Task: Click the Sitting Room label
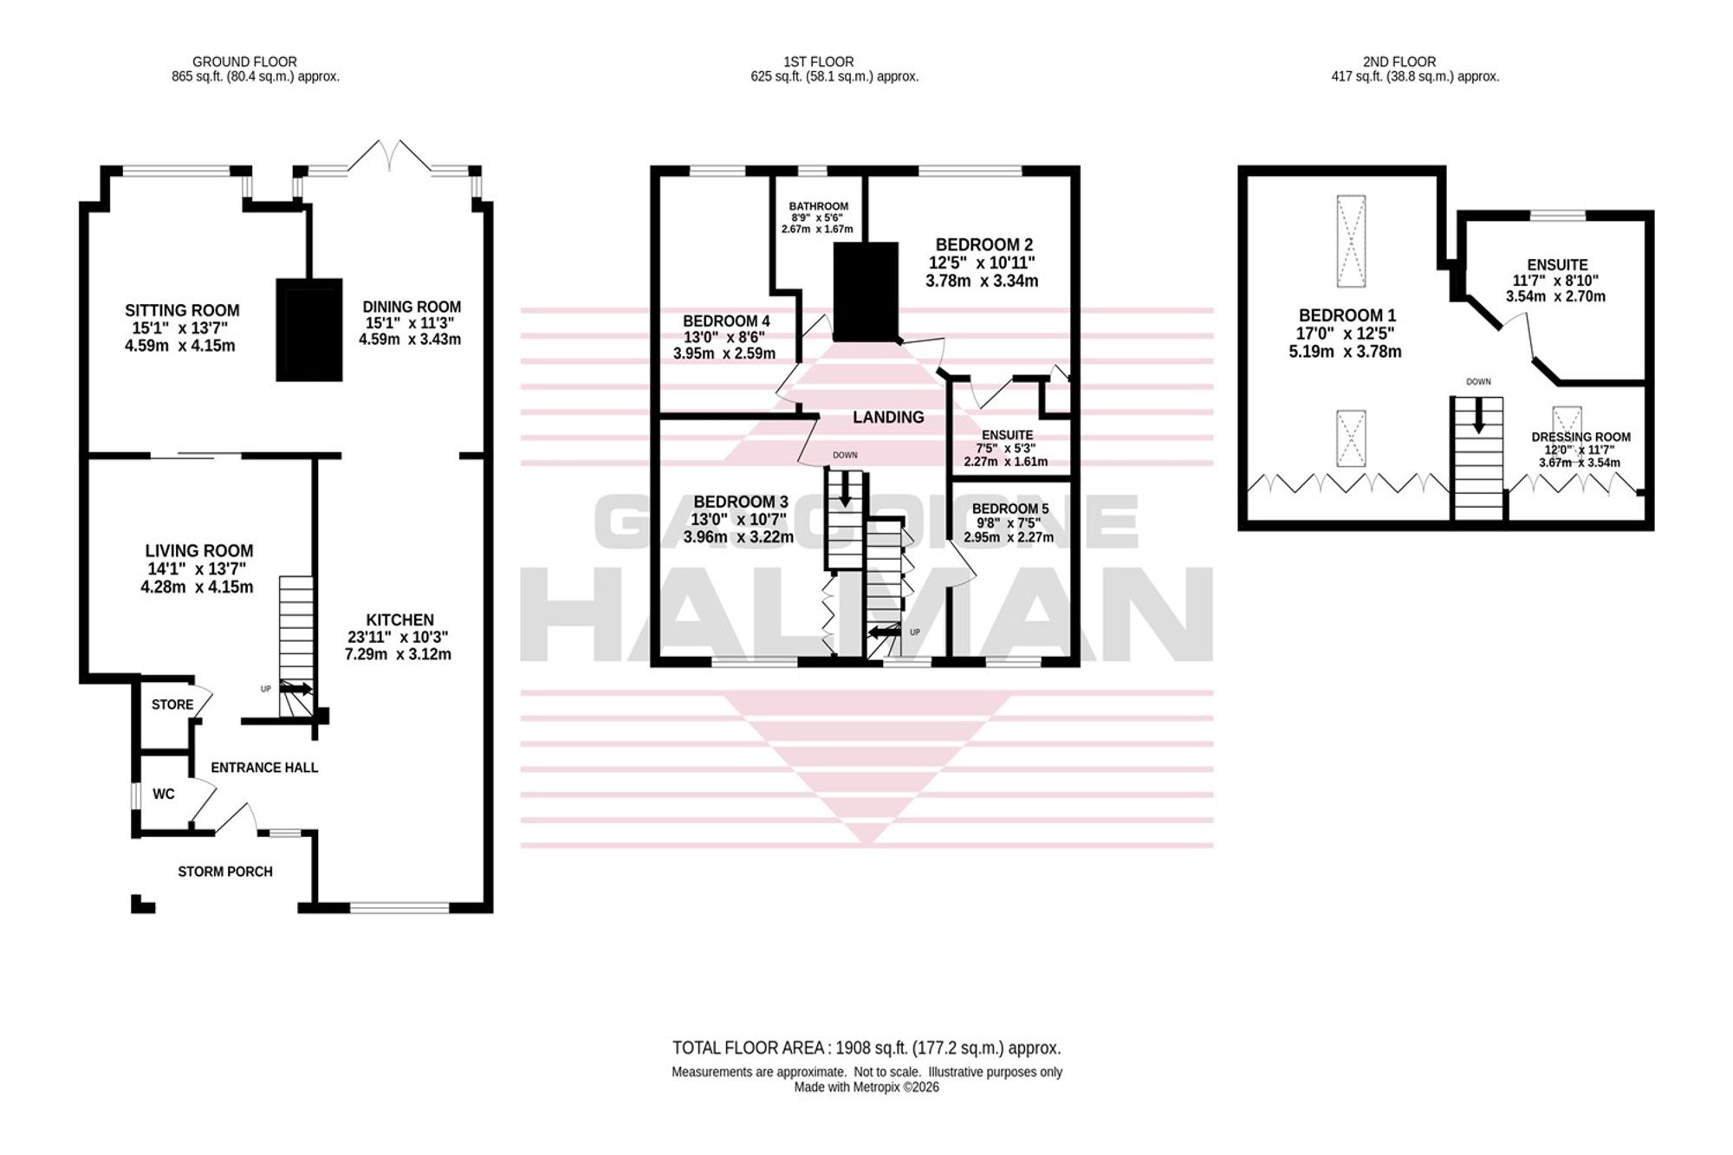pyautogui.click(x=182, y=310)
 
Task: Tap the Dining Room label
pyautogui.click(x=412, y=307)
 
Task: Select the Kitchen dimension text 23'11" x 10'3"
pyautogui.click(x=399, y=637)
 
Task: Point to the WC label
pyautogui.click(x=164, y=794)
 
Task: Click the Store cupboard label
pyautogui.click(x=172, y=704)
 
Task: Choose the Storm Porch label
pyautogui.click(x=225, y=872)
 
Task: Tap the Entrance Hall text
pyautogui.click(x=264, y=768)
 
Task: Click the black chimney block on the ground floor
pyautogui.click(x=309, y=330)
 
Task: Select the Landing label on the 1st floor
pyautogui.click(x=888, y=418)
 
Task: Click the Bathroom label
pyautogui.click(x=819, y=206)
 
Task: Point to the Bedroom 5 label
pyautogui.click(x=1010, y=509)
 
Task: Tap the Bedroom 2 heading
pyautogui.click(x=984, y=244)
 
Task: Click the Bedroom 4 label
pyautogui.click(x=726, y=321)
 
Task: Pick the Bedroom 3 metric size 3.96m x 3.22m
pyautogui.click(x=738, y=537)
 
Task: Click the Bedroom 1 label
pyautogui.click(x=1347, y=315)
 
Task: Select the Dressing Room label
pyautogui.click(x=1581, y=438)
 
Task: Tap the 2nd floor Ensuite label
pyautogui.click(x=1557, y=265)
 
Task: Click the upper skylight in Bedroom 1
pyautogui.click(x=1351, y=241)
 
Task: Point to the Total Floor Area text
pyautogui.click(x=866, y=1048)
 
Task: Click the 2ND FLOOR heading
pyautogui.click(x=1399, y=62)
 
